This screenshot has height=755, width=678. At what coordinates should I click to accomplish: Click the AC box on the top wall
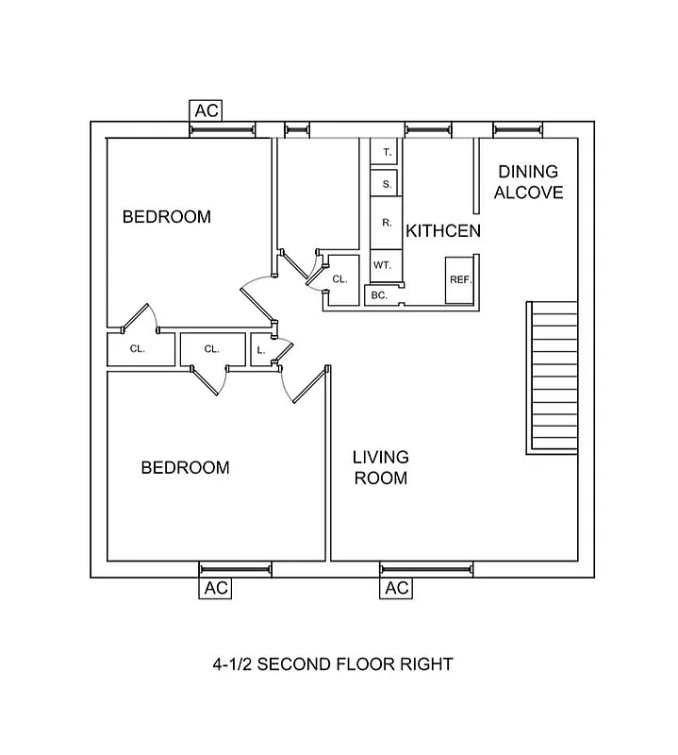pos(207,110)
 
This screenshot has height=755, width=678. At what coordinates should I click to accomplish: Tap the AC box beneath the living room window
pos(397,589)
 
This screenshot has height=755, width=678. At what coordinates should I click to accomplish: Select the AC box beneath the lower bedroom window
pos(216,589)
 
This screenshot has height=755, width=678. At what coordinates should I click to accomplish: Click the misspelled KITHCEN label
pos(443,231)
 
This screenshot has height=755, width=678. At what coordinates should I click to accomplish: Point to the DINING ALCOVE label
pos(528,182)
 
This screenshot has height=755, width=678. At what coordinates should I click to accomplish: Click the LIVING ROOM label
pos(380,468)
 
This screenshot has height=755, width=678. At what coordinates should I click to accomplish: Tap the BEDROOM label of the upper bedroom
pos(167,217)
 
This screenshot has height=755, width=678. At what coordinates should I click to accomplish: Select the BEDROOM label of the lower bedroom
pos(185,467)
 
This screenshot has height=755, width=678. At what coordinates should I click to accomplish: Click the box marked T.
pos(387,151)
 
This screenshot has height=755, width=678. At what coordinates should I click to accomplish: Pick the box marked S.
pos(387,183)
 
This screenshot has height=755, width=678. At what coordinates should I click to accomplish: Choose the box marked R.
pos(387,224)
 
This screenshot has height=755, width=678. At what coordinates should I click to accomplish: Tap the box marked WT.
pos(382,265)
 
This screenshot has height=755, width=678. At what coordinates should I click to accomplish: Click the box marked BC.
pos(379,295)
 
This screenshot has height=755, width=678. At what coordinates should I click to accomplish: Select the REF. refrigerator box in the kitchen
pos(460,281)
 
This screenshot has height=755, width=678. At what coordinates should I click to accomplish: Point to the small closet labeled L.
pos(261,350)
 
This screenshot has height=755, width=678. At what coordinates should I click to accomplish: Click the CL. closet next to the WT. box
pos(340,278)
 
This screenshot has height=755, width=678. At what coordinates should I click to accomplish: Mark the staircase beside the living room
pos(552,377)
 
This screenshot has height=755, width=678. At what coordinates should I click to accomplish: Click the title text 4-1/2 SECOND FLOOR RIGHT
pos(332,664)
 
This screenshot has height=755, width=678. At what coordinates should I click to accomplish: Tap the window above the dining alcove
pos(517,130)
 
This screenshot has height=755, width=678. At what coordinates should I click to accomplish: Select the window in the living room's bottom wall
pos(425,569)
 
